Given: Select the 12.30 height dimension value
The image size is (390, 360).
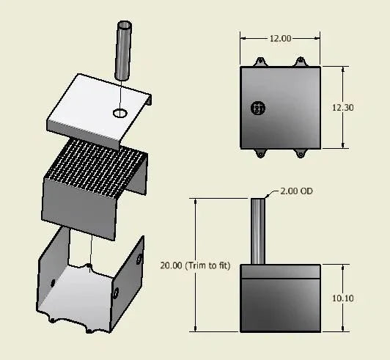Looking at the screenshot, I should [342, 107].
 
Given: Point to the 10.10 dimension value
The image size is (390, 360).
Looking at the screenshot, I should [342, 298].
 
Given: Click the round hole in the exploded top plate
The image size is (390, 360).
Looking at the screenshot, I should [119, 113].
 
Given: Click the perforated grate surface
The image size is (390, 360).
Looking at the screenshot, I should [96, 169].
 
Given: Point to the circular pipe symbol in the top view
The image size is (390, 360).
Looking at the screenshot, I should [257, 108].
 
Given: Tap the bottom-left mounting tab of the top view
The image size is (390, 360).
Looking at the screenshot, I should [260, 153].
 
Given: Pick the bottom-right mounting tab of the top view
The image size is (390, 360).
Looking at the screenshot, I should [300, 153].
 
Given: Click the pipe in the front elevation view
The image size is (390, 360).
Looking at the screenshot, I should [259, 231].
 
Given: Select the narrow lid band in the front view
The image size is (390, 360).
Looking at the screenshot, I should [281, 270].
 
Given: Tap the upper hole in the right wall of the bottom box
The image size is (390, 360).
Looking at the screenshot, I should [140, 258].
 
